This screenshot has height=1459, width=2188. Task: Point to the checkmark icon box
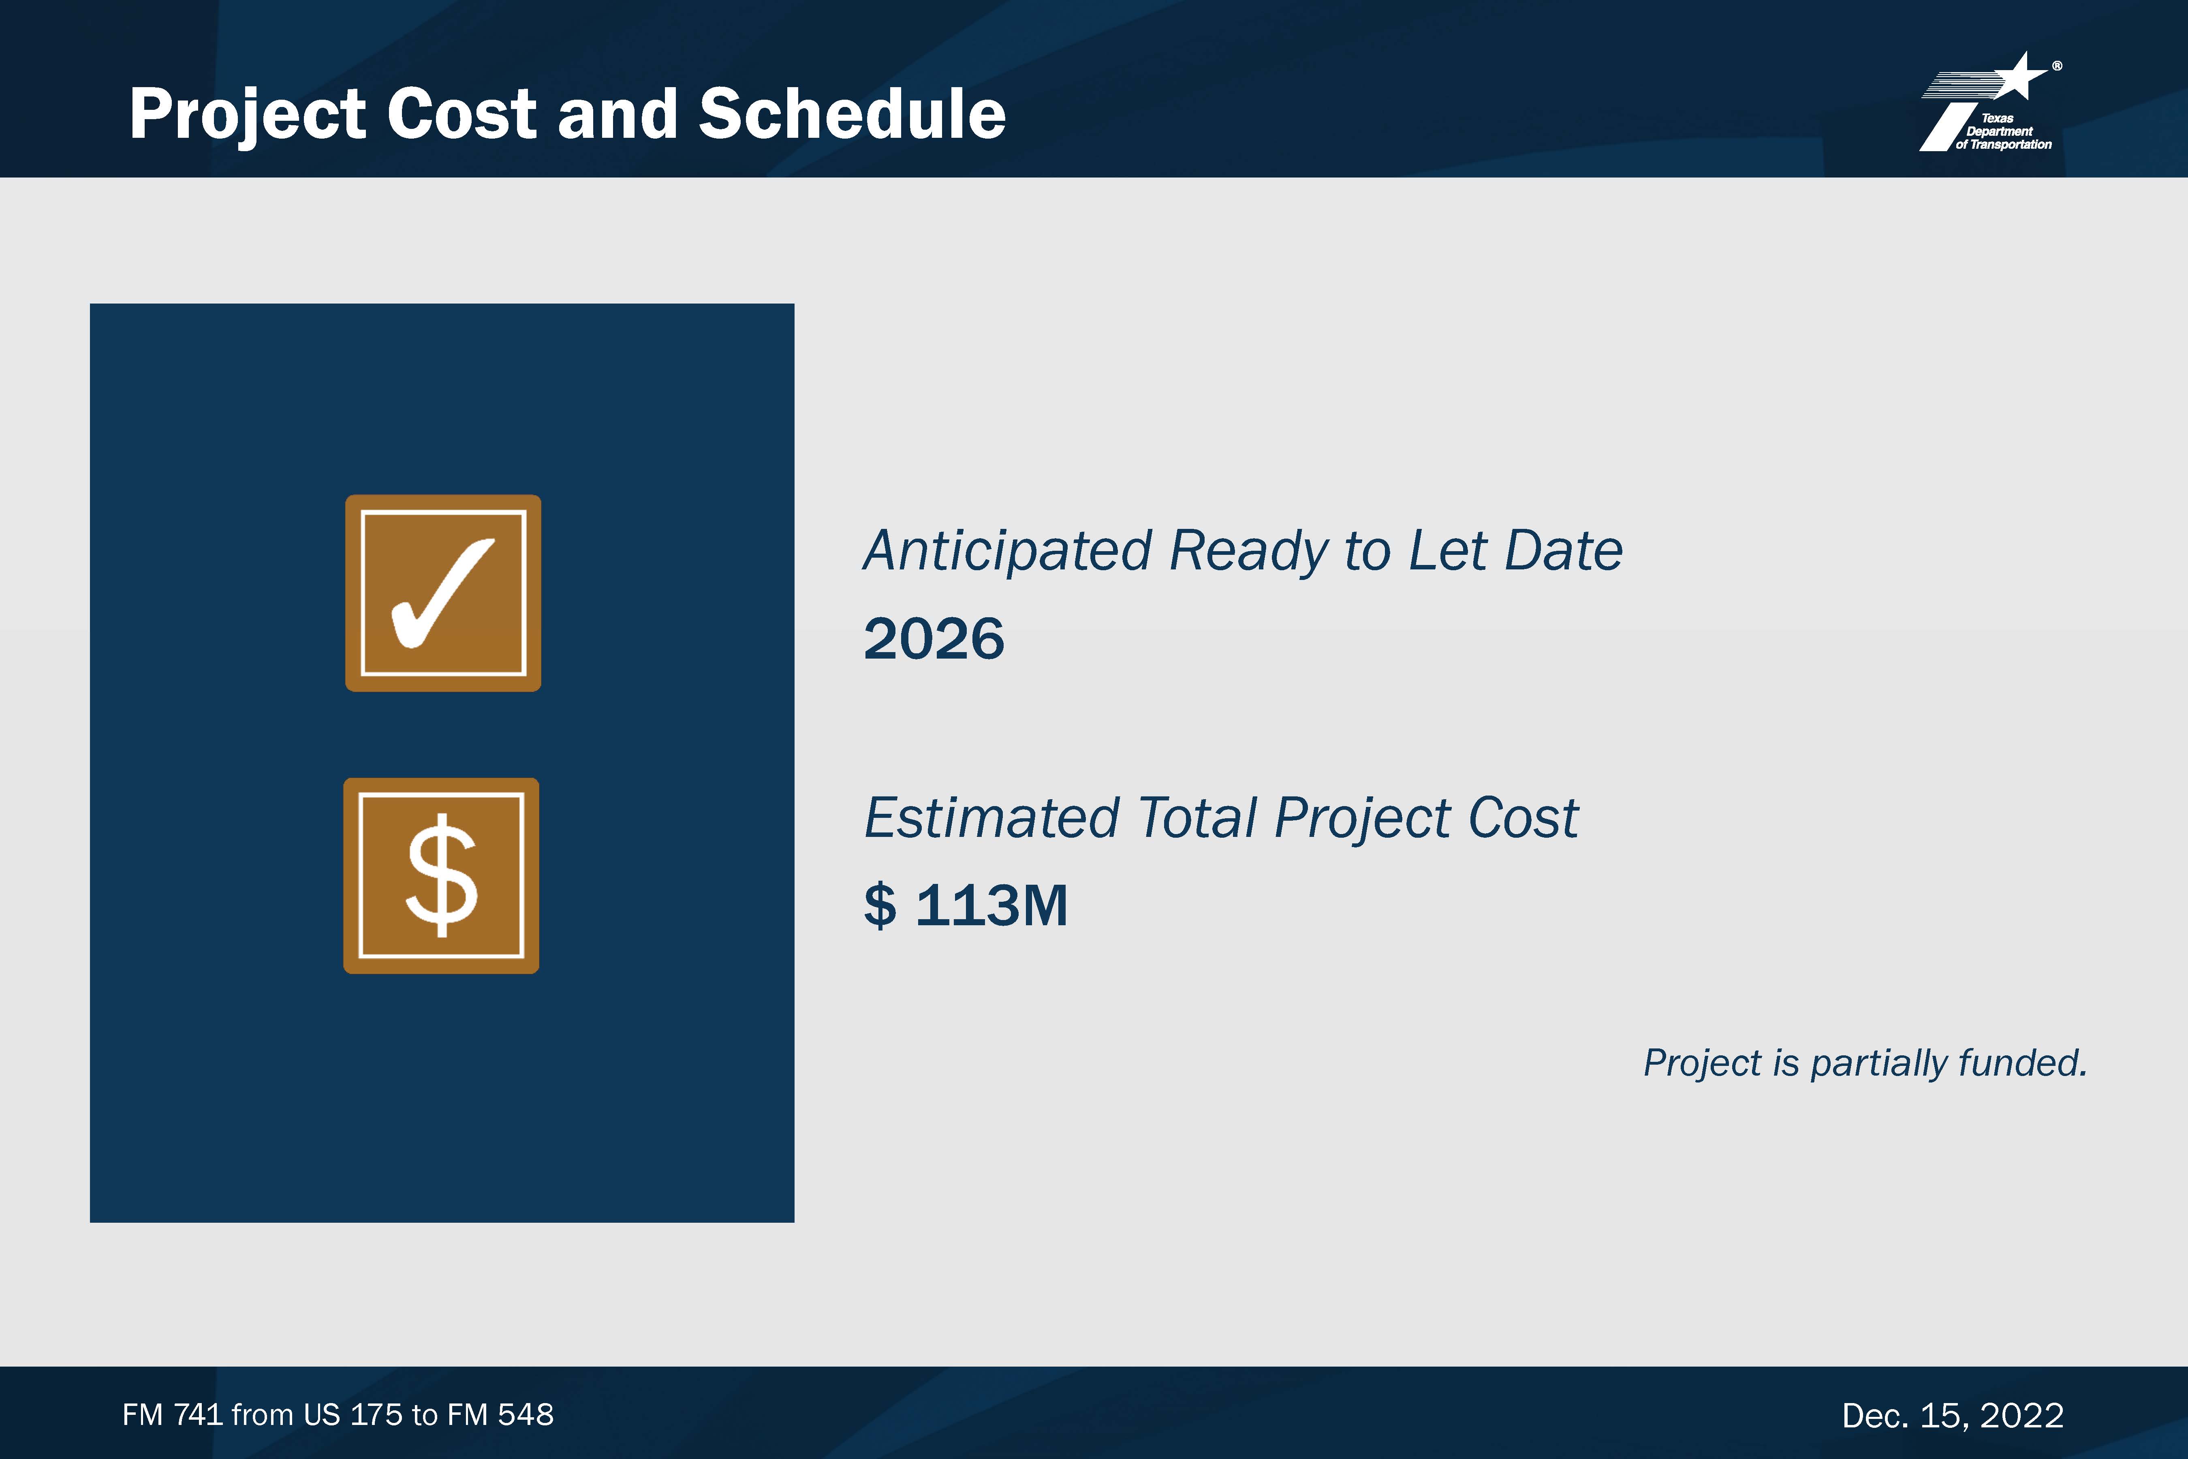pos(443,593)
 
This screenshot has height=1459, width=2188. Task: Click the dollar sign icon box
pos(441,875)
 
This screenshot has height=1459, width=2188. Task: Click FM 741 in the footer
pos(172,1415)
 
